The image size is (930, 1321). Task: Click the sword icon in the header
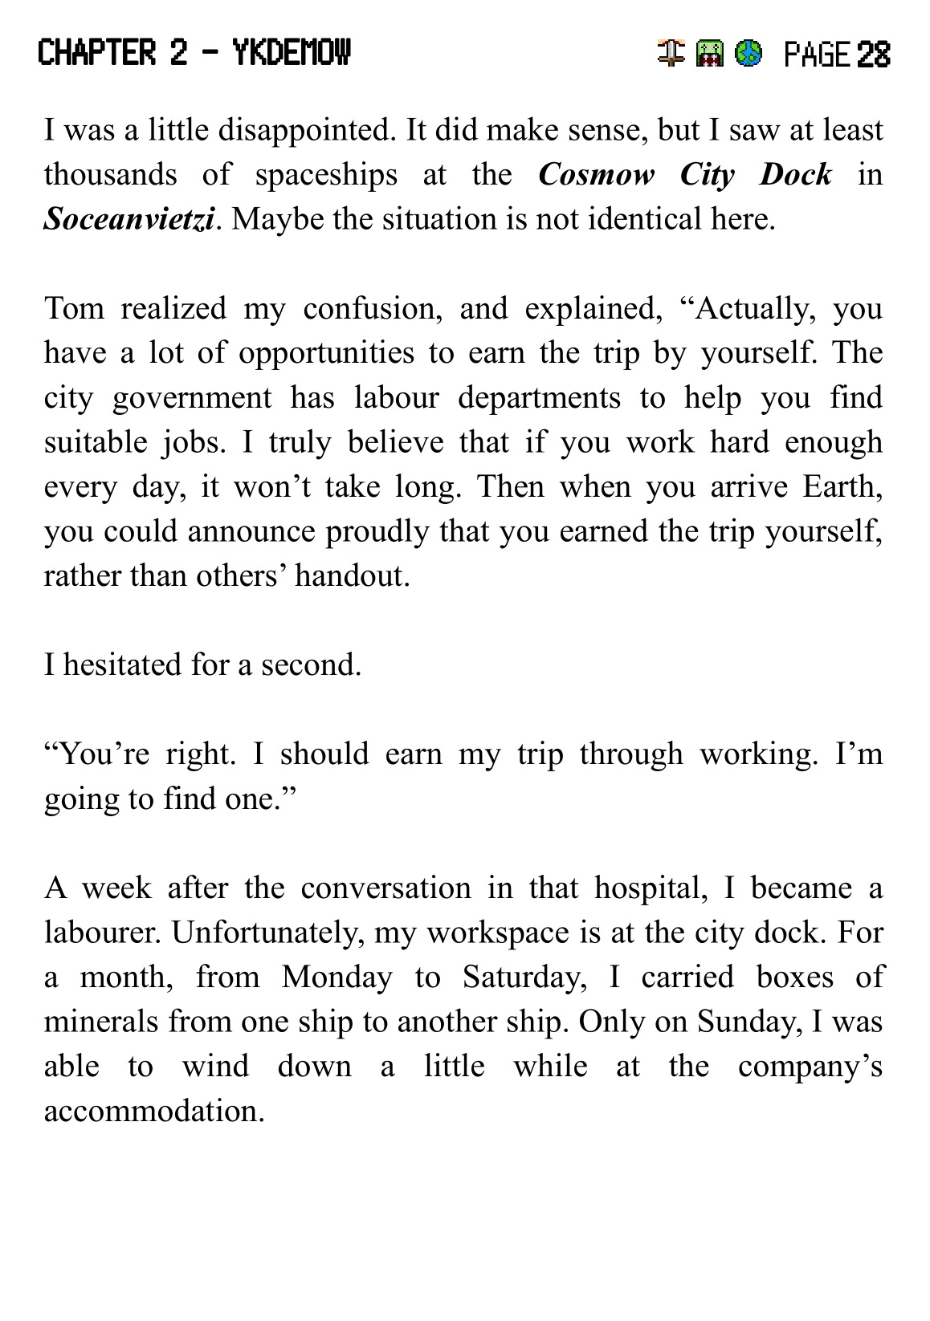(x=671, y=54)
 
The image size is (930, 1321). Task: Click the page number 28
(x=873, y=55)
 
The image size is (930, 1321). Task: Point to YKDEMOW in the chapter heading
(x=292, y=54)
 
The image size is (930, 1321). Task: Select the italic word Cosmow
(x=596, y=174)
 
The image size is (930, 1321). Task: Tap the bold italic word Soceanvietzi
(x=129, y=219)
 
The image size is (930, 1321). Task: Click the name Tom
(x=74, y=308)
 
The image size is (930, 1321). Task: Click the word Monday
(x=337, y=977)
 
